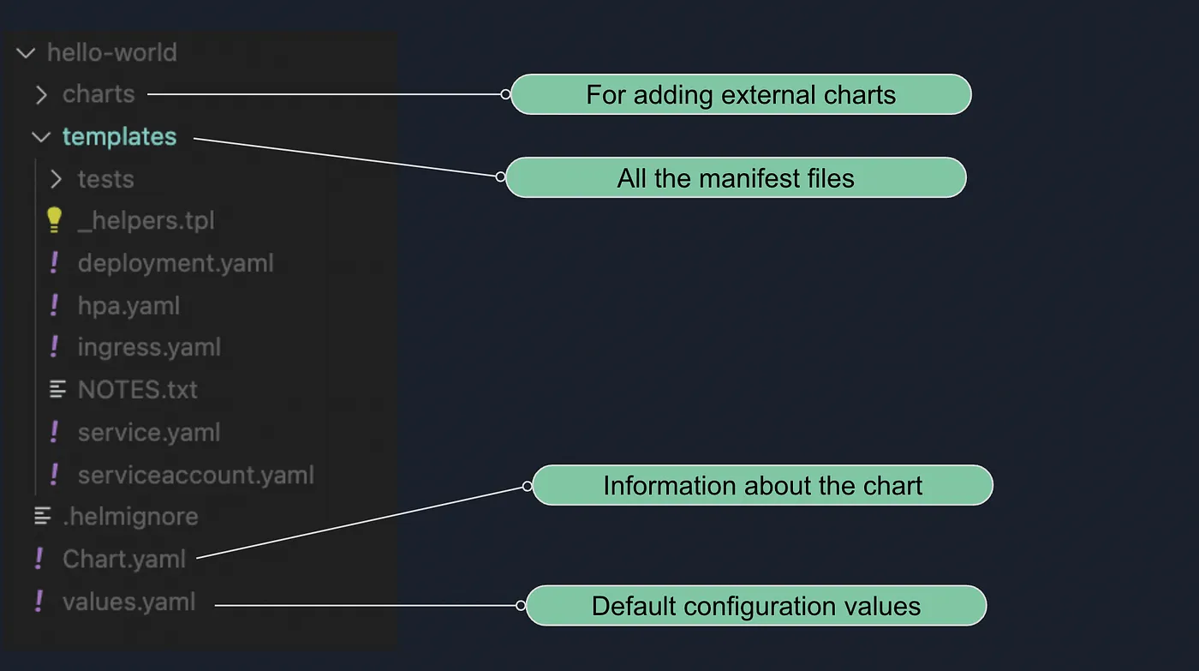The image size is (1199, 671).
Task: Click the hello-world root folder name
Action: (111, 52)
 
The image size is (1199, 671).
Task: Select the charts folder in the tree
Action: (98, 94)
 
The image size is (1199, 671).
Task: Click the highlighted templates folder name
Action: (119, 136)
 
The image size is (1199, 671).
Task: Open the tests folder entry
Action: (105, 179)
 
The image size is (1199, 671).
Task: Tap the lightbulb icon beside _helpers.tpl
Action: (54, 220)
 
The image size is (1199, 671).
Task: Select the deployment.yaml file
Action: (176, 263)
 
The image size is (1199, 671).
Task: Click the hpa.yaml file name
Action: (128, 306)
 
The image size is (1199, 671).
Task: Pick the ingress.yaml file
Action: (149, 347)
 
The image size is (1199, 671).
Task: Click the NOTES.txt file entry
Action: (137, 390)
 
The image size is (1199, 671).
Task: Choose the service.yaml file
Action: (149, 432)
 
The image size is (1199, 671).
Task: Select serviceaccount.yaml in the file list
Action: (195, 475)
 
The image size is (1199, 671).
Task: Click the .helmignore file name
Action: (130, 517)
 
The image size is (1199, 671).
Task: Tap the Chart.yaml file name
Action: (124, 560)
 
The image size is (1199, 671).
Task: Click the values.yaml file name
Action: (128, 602)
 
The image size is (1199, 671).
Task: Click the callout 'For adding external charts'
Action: (741, 94)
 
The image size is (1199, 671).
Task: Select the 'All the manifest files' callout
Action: (736, 178)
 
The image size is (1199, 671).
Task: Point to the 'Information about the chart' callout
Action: (762, 486)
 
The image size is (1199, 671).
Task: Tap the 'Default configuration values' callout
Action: (755, 607)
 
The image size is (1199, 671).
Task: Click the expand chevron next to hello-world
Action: (26, 53)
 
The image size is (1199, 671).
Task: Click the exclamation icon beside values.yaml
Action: (39, 601)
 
